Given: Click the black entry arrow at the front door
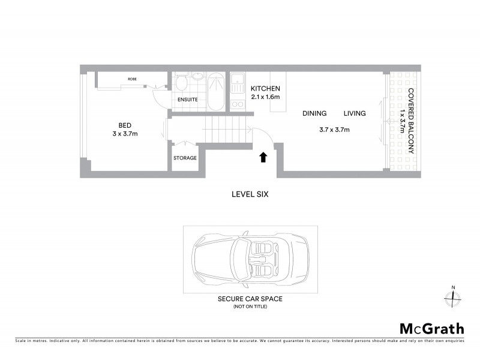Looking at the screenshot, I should coord(262,157).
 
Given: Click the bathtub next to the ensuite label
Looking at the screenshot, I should coord(215,91).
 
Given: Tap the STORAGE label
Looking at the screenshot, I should coord(185,158).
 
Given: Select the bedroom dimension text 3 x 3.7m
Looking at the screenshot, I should coord(125,133).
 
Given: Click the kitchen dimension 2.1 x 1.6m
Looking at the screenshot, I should coord(266,97).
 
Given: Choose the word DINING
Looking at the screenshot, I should coord(314,113).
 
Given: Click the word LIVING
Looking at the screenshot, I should coord(355,113).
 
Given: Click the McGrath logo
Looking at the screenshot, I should coord(431,328).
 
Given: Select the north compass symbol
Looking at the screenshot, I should coord(453,297).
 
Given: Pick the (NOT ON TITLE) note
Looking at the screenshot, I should coord(250,307).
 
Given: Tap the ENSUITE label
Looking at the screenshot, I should coord(187,100).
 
